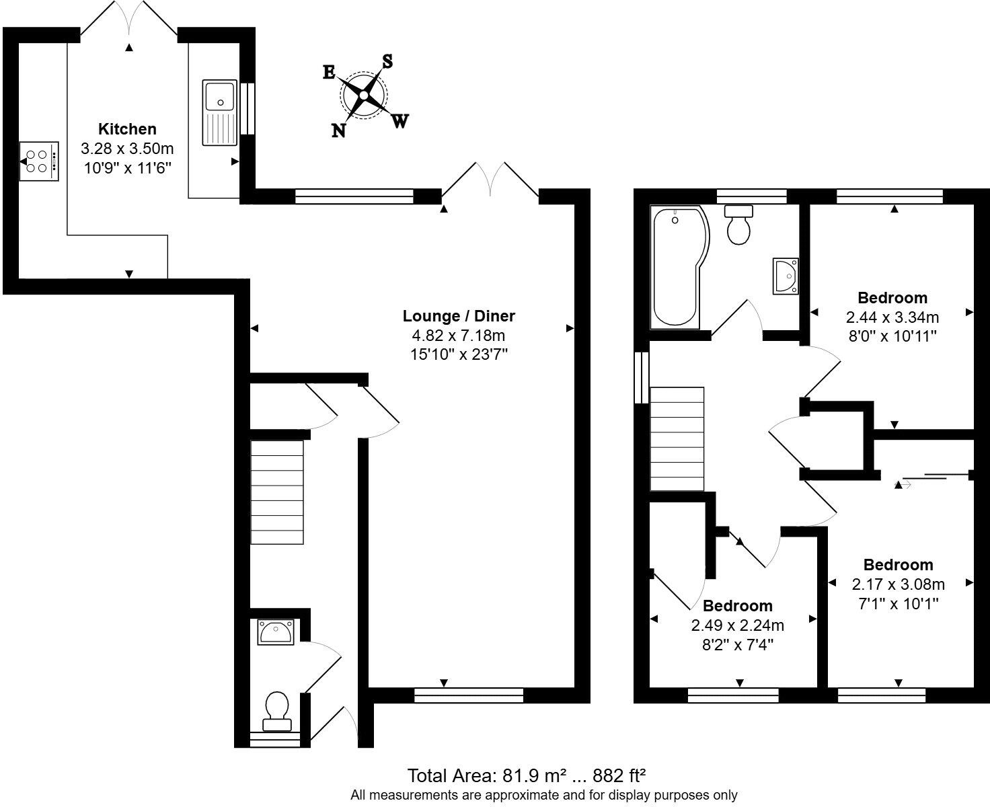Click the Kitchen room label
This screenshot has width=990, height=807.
pos(127,129)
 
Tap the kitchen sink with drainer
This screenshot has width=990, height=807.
pos(219,112)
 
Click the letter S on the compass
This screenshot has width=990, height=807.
pos(388,61)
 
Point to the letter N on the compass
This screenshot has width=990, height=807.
pos(338,131)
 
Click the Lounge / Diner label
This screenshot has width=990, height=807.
pos(459,316)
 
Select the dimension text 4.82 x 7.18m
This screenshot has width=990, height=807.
pos(459,336)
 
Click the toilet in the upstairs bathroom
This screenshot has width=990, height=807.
pos(739,225)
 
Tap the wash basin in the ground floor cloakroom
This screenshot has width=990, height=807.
pos(276,632)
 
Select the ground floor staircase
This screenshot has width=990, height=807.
pos(277,492)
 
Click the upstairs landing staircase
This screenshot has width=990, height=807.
pos(677,438)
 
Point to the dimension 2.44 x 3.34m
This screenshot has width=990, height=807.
pos(892,317)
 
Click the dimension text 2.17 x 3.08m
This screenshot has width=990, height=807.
pos(898,584)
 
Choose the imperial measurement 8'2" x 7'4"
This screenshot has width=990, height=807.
pos(737,645)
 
